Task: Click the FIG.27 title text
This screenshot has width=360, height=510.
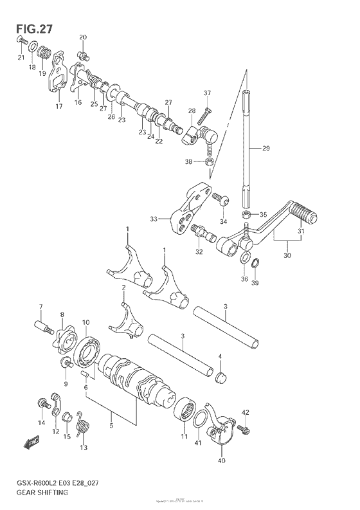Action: pyautogui.click(x=30, y=28)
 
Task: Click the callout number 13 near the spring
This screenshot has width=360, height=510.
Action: pyautogui.click(x=83, y=448)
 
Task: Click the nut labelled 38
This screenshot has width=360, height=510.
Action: pyautogui.click(x=209, y=161)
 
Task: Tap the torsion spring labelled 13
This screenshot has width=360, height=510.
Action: pyautogui.click(x=81, y=422)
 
